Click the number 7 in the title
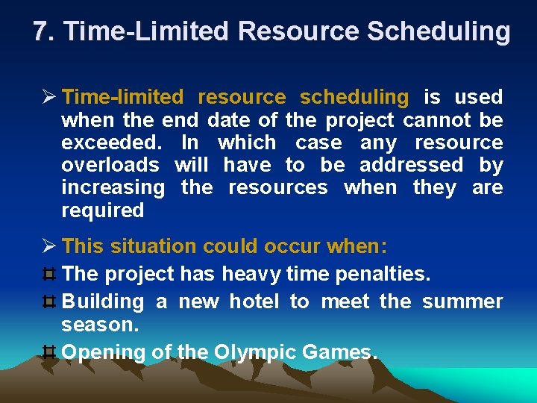coord(42,31)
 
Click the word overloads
coord(110,164)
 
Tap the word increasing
coord(113,187)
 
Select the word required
coord(102,210)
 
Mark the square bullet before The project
coord(51,274)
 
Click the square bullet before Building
coord(51,302)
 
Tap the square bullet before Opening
coord(51,352)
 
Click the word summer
coord(462,302)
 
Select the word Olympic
coord(256,352)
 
